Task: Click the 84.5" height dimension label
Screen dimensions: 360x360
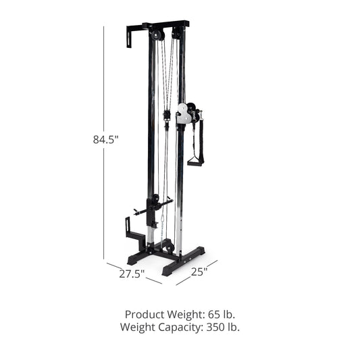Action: (106, 140)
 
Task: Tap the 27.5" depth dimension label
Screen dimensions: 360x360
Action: (132, 274)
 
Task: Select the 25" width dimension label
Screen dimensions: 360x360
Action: (199, 272)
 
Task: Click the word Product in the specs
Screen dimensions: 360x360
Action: (144, 315)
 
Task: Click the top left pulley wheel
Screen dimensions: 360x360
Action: (157, 35)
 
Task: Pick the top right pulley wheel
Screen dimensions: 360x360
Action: (177, 33)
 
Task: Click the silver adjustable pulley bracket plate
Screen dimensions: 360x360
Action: (182, 113)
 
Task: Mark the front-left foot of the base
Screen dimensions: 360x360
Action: (133, 260)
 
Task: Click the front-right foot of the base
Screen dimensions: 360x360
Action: (169, 272)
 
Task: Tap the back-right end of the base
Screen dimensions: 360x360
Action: (200, 251)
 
